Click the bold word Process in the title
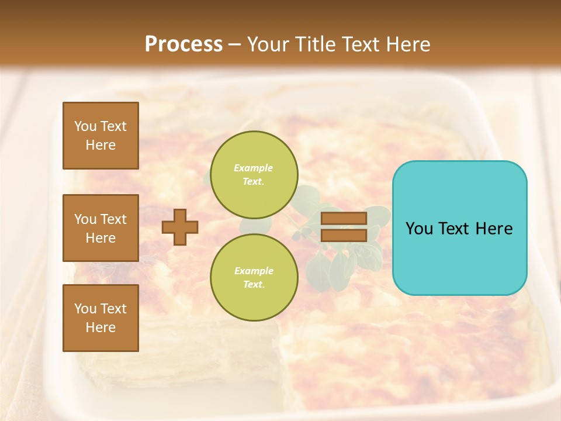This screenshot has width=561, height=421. click(183, 44)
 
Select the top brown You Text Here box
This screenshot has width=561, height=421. click(101, 136)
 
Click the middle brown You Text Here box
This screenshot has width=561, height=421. click(101, 228)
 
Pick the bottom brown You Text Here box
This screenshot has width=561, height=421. click(101, 318)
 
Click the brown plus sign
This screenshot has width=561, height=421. click(180, 227)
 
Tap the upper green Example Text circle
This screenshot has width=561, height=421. click(254, 175)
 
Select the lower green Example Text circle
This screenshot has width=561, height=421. click(254, 278)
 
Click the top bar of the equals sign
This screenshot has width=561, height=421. click(344, 218)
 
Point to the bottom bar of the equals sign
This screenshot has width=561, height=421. click(344, 235)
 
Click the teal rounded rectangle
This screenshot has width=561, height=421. click(459, 257)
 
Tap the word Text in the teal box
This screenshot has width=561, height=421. click(459, 229)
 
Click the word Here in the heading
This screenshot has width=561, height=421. click(407, 44)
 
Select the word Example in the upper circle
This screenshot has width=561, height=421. click(254, 168)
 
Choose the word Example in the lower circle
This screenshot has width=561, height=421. click(254, 271)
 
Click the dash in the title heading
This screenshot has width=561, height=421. click(235, 44)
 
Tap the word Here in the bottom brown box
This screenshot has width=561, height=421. click(101, 327)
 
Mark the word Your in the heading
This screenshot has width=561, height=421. click(268, 44)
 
